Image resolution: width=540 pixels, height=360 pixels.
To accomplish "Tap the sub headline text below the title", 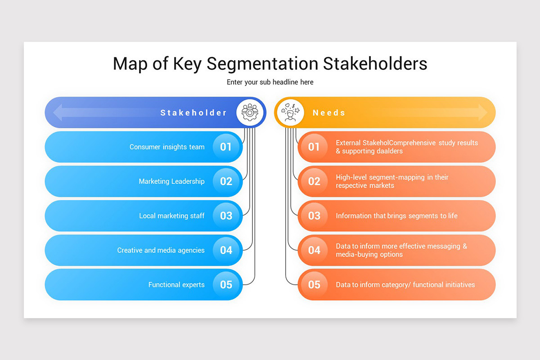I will [x=270, y=82].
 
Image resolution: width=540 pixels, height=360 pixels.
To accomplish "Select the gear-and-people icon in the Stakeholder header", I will [x=250, y=112].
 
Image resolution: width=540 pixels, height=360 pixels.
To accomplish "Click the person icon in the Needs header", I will [x=290, y=112].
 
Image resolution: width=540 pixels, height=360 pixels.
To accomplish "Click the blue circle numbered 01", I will [x=226, y=147].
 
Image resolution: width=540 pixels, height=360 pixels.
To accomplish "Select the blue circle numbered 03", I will [x=226, y=216].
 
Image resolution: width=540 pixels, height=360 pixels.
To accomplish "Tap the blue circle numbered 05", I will [x=226, y=284].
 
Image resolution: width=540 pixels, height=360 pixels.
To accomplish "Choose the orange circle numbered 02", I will [x=314, y=181].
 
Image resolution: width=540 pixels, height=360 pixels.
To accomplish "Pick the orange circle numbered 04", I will [x=314, y=250].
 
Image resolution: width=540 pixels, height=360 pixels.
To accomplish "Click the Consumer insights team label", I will [x=167, y=147].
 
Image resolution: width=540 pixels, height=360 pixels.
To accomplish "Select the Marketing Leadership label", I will [x=171, y=181].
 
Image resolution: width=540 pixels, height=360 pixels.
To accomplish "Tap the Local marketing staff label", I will [x=172, y=216].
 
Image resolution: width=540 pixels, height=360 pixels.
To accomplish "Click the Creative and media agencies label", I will [x=161, y=250].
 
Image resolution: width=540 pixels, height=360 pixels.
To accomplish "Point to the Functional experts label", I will [x=176, y=285].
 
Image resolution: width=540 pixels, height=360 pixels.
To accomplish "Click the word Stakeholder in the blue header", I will [x=193, y=112].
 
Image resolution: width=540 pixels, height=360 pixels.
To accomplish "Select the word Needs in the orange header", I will [x=329, y=112].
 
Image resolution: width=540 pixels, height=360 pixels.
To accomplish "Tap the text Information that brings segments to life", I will [x=396, y=216].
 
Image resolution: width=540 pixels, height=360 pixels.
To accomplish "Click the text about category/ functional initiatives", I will [x=405, y=285].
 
